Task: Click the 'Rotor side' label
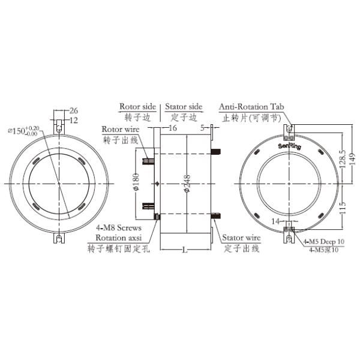(x=137, y=107)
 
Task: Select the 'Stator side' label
(x=184, y=107)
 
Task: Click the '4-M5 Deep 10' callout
(x=323, y=241)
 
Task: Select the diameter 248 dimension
(x=187, y=184)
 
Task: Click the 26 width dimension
(x=73, y=110)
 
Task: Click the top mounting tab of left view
(x=59, y=127)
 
